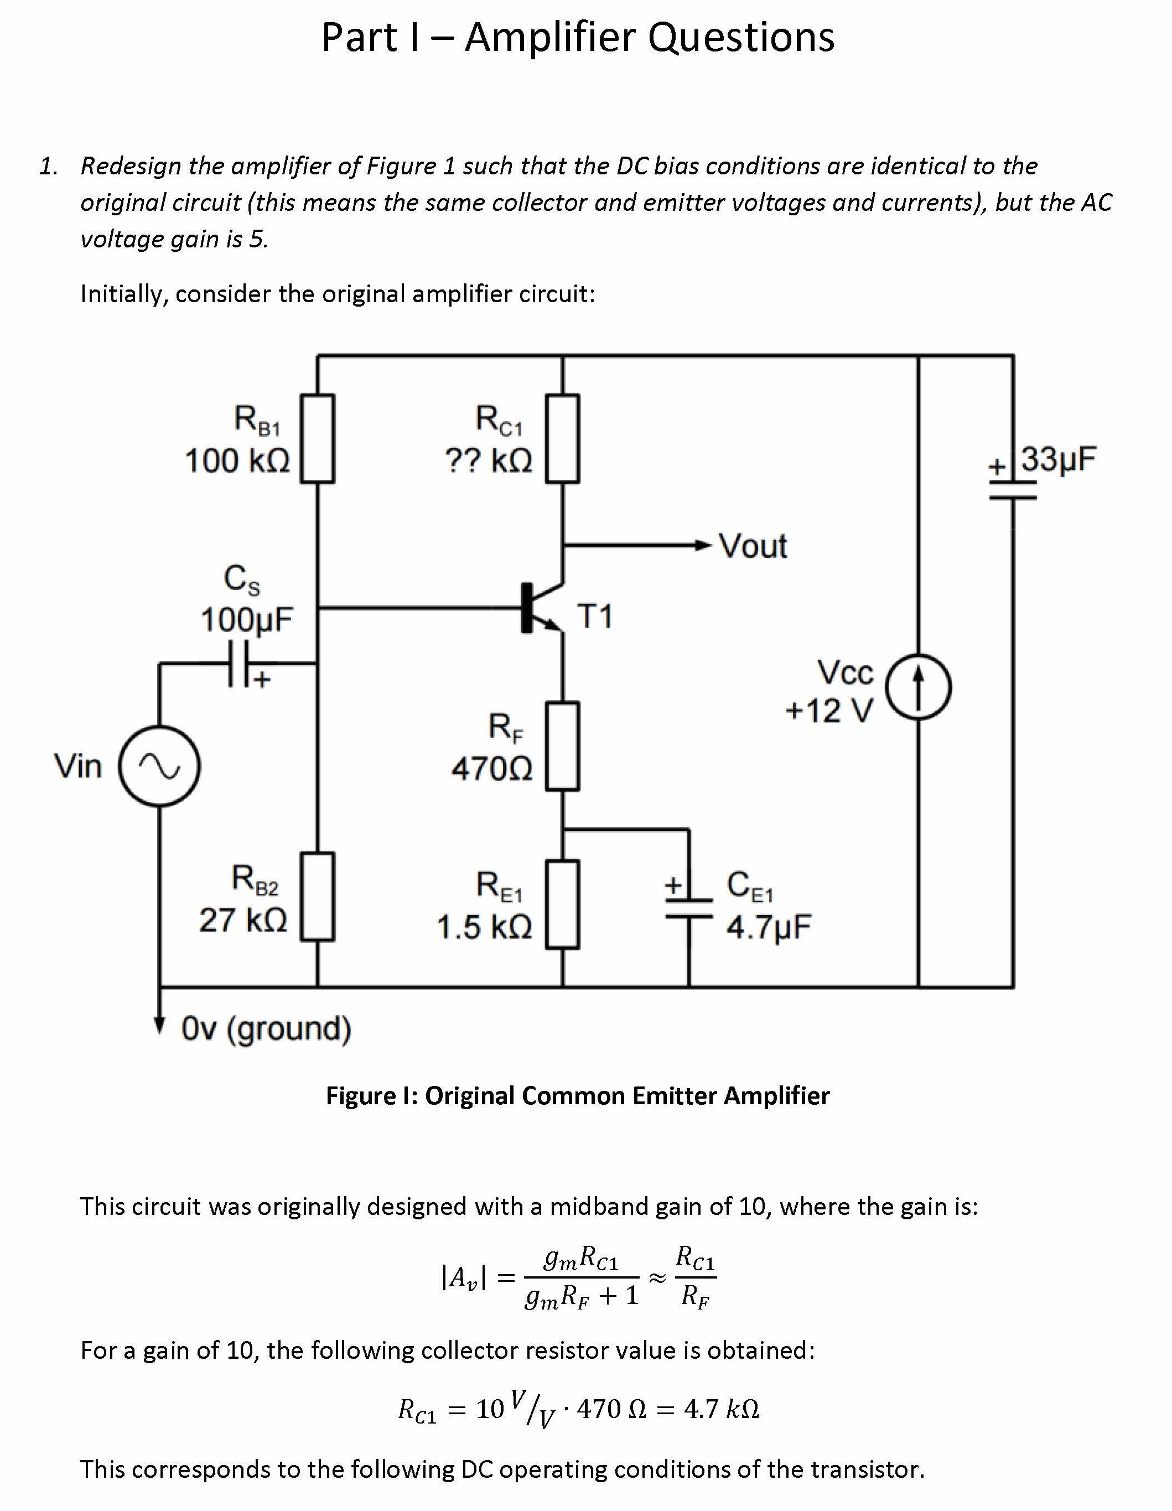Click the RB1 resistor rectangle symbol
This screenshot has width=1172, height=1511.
pos(318,438)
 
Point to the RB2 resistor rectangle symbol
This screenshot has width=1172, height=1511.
pos(318,897)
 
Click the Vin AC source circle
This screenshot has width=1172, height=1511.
pos(160,766)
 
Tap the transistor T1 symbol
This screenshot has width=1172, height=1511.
pos(540,608)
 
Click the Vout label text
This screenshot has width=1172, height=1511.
pos(753,547)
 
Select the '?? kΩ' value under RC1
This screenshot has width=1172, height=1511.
pos(489,460)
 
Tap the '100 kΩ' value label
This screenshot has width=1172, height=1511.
pos(237,460)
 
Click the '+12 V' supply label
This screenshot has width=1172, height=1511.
pos(829,711)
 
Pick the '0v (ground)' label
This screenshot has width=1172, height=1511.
pos(266,1028)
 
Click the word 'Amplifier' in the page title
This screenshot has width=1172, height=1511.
pos(551,38)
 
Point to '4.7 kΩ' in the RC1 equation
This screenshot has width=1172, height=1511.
pos(721,1409)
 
